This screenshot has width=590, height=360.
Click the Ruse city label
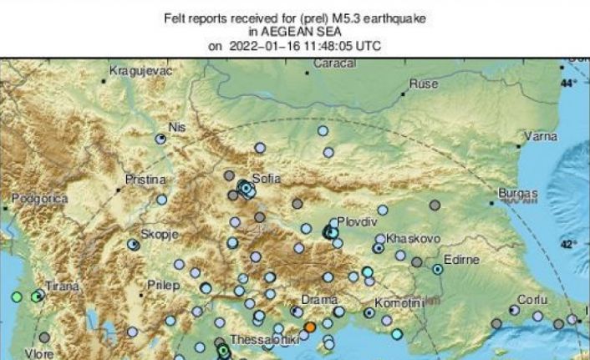pyautogui.click(x=423, y=84)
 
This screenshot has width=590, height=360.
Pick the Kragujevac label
pyautogui.click(x=141, y=72)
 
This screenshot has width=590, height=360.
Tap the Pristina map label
pyautogui.click(x=145, y=180)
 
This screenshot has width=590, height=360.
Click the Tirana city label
pyautogui.click(x=60, y=286)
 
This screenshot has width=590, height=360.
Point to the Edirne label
pyautogui.click(x=460, y=260)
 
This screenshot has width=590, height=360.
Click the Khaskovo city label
pyautogui.click(x=408, y=238)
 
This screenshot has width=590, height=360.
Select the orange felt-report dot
pyautogui.click(x=309, y=327)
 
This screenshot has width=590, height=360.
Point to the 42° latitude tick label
pyautogui.click(x=568, y=244)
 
